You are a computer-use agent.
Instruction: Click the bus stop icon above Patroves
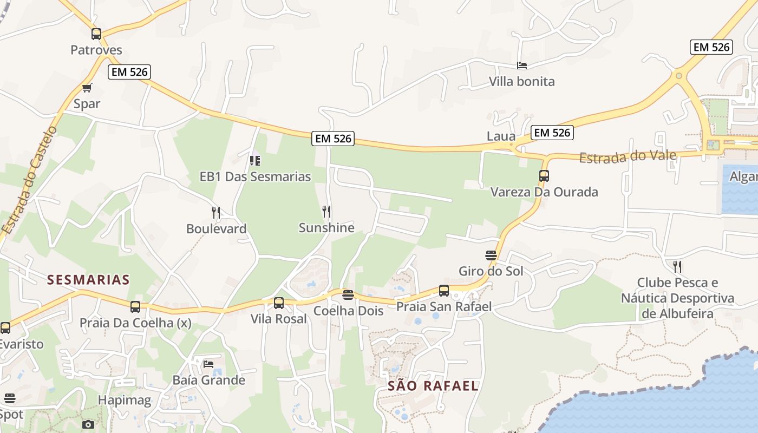[x=96, y=34]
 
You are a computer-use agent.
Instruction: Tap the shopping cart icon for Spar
[x=87, y=88]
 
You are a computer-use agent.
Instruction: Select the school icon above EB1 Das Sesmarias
[x=255, y=160]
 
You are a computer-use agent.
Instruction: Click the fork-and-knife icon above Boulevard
[x=216, y=212]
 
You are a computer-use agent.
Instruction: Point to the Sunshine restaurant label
[x=326, y=228]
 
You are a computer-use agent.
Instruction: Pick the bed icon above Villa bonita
[x=522, y=65]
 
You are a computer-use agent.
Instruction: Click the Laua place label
[x=501, y=136]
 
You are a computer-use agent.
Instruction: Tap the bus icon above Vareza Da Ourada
[x=544, y=176]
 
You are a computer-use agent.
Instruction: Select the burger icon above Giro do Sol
[x=491, y=255]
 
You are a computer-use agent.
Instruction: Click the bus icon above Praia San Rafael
[x=444, y=291]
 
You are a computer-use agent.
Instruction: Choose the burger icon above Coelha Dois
[x=348, y=295]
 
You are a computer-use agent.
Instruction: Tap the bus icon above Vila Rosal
[x=279, y=303]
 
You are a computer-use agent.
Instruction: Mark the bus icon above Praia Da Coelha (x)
[x=135, y=307]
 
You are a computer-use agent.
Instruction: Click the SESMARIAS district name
[x=88, y=280]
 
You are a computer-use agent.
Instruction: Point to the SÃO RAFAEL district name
[x=433, y=386]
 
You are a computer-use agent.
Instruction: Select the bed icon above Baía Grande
[x=208, y=364]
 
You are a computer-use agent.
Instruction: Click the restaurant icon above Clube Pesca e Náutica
[x=677, y=266]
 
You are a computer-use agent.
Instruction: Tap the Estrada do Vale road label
[x=628, y=156]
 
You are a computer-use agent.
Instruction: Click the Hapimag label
[x=125, y=400]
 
